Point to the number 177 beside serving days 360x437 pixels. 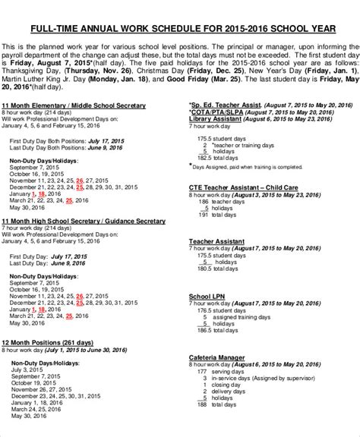tap(202, 372)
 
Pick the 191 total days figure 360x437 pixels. tap(203, 215)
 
